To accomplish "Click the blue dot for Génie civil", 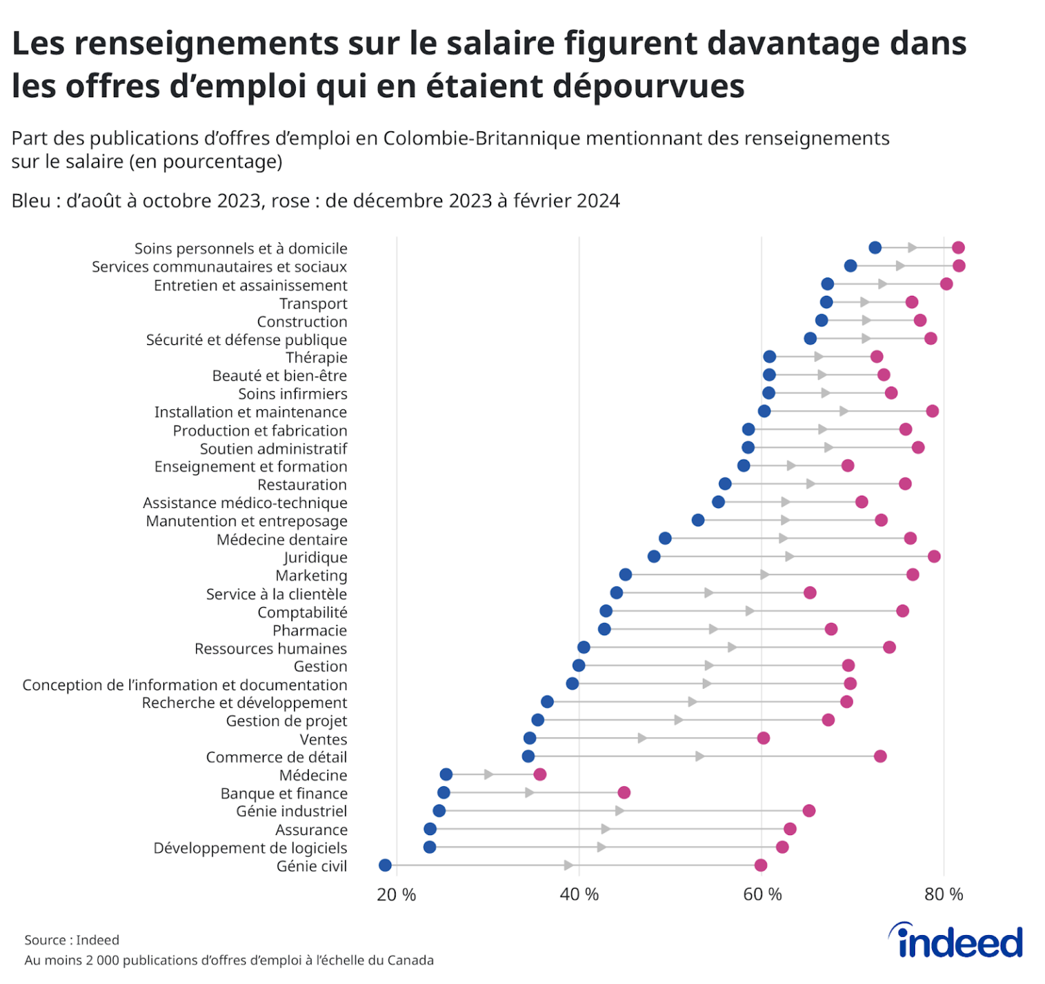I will pyautogui.click(x=385, y=865).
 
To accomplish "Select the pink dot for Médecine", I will pyautogui.click(x=540, y=775).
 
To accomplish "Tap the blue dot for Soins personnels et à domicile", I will pyautogui.click(x=875, y=248).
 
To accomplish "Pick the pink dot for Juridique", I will pyautogui.click(x=934, y=556).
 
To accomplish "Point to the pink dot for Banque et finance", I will pyautogui.click(x=624, y=792).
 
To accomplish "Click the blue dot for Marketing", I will pyautogui.click(x=625, y=575).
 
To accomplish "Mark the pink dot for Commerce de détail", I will pyautogui.click(x=880, y=756).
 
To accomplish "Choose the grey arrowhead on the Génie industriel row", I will pyautogui.click(x=619, y=811).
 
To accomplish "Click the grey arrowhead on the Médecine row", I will pyautogui.click(x=488, y=775).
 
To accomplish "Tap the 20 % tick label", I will pyautogui.click(x=396, y=895).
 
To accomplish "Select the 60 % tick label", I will pyautogui.click(x=762, y=895).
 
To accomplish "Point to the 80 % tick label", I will pyautogui.click(x=944, y=895).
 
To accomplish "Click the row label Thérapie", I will pyautogui.click(x=316, y=358).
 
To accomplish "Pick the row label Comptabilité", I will pyautogui.click(x=302, y=613).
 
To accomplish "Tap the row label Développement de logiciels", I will pyautogui.click(x=250, y=848).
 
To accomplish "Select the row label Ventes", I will pyautogui.click(x=323, y=740).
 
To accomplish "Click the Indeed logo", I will pyautogui.click(x=956, y=942).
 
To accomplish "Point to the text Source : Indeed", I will pyautogui.click(x=71, y=940).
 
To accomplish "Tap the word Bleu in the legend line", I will pyautogui.click(x=31, y=201).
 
